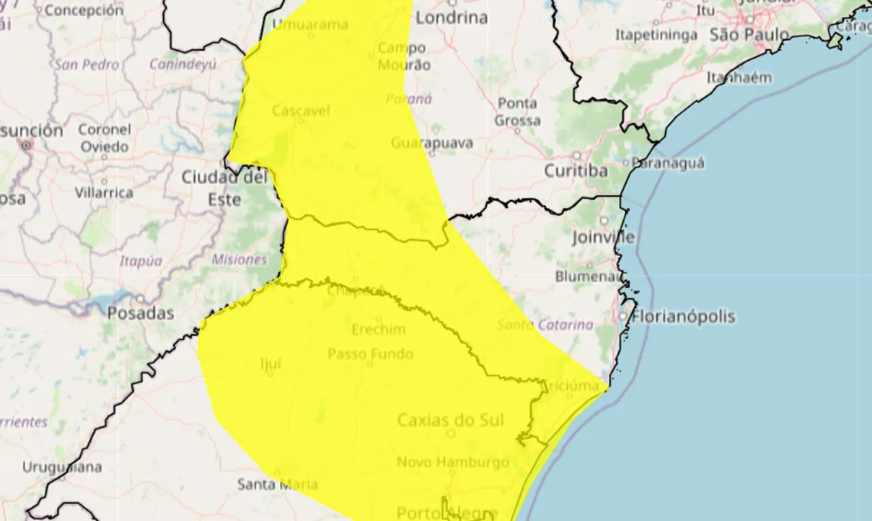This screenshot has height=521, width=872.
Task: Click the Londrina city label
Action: [x=452, y=18]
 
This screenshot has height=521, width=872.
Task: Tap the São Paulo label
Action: [x=749, y=35]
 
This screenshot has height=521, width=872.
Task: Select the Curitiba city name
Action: [x=576, y=171]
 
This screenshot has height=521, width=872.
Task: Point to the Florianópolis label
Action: [x=683, y=317]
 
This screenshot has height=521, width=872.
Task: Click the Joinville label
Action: [x=604, y=238]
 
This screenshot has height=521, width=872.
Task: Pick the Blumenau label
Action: [x=589, y=277]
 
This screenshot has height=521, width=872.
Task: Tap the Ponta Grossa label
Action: [x=518, y=112]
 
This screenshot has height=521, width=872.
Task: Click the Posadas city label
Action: [x=140, y=314]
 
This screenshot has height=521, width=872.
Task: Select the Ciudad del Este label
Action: [x=224, y=188]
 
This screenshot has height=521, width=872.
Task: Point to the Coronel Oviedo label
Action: [x=104, y=138]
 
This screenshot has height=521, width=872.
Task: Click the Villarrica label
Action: [x=104, y=193]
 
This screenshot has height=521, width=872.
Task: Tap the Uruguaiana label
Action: [x=62, y=468]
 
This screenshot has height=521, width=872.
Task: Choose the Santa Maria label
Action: [x=277, y=485]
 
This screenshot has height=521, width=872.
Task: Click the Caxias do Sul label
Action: [x=450, y=420]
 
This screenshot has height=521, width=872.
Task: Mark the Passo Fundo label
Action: [x=371, y=354]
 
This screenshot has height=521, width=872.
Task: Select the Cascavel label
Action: [x=301, y=110]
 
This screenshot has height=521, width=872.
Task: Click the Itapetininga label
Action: [x=656, y=35]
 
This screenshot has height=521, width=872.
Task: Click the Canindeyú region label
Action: [x=183, y=65]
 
